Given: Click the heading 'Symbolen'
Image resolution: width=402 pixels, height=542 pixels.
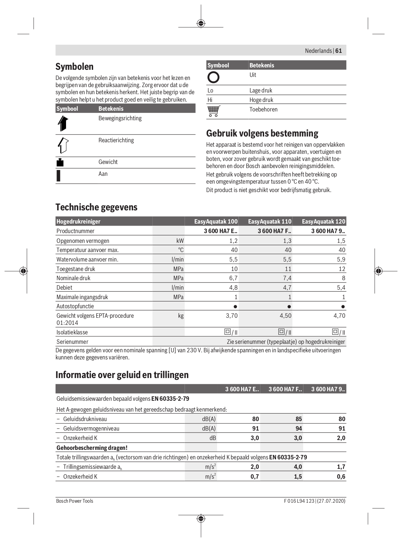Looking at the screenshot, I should [75, 66].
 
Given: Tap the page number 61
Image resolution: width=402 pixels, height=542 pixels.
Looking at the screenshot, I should [339, 51].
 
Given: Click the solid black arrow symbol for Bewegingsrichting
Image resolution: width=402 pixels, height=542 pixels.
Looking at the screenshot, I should [63, 123].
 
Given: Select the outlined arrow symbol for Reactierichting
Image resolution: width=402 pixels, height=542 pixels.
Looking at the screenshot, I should [63, 145].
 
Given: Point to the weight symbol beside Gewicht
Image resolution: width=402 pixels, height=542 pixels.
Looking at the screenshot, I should [60, 162].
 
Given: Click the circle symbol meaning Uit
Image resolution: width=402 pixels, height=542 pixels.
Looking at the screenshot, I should [213, 77].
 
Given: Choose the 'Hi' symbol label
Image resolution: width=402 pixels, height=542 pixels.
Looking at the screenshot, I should [210, 100].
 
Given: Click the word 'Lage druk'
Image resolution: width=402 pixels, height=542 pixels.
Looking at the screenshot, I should [261, 90].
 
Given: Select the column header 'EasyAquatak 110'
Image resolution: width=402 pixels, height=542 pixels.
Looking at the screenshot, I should [270, 222].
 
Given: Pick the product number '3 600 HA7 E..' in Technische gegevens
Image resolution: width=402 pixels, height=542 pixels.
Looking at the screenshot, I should [220, 231].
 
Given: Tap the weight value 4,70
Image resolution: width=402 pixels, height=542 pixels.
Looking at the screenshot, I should [339, 316].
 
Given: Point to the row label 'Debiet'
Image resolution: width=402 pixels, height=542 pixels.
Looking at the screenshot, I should [64, 288].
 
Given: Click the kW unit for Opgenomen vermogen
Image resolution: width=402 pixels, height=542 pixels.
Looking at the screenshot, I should [180, 241].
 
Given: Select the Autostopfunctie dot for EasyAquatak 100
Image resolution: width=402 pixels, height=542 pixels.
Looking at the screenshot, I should [235, 307].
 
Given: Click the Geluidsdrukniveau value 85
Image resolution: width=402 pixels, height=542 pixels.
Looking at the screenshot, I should [298, 419].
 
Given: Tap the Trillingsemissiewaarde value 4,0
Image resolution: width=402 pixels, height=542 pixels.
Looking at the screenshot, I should [298, 467].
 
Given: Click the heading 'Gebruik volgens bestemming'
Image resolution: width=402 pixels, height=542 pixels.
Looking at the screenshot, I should [262, 133].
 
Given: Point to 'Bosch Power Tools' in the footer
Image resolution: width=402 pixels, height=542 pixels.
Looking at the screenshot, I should [75, 501].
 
